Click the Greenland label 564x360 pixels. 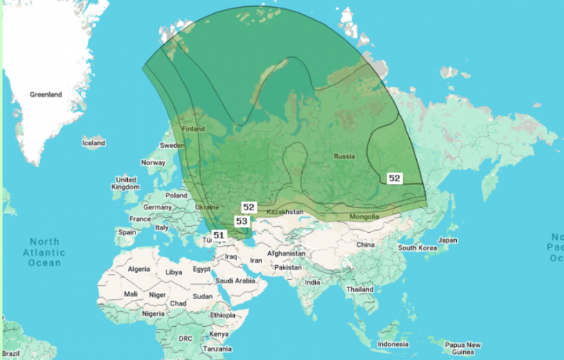click(46, 95)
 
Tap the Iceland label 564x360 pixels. click(93, 143)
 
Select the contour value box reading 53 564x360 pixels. click(242, 221)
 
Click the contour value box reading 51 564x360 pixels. click(219, 235)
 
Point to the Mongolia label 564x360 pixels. click(364, 216)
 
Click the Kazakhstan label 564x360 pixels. click(285, 211)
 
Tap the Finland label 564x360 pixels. click(193, 129)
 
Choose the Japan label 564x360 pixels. click(448, 240)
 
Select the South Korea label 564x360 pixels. click(417, 247)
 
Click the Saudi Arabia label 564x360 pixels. click(235, 281)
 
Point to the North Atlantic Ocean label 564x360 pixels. click(44, 252)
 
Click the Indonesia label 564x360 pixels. click(393, 344)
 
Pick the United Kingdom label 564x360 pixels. click(126, 183)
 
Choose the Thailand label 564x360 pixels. click(360, 289)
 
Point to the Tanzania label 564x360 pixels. click(217, 349)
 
